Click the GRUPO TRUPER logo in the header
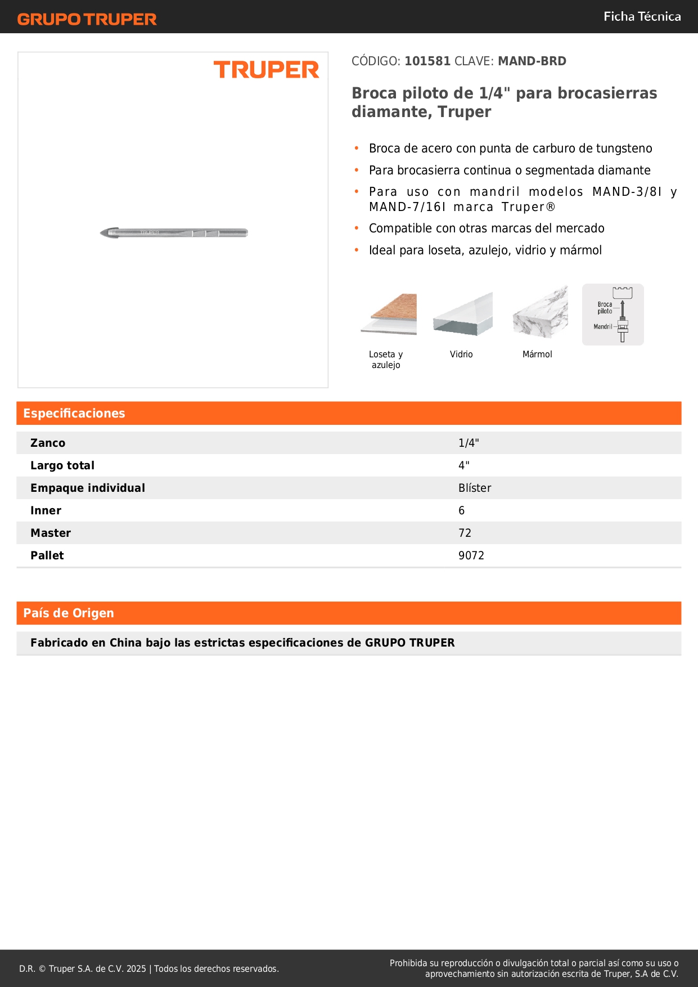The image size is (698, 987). [x=87, y=19]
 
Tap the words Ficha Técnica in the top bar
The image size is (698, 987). [x=642, y=17]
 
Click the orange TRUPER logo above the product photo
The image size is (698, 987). [x=266, y=70]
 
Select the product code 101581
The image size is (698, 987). [x=427, y=61]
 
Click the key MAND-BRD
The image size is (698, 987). [x=532, y=61]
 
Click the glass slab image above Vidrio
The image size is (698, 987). [x=463, y=314]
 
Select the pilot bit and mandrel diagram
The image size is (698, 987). [x=613, y=315]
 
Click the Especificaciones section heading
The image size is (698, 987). [x=74, y=414]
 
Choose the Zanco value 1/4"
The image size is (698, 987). [x=469, y=443]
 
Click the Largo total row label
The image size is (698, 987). [x=62, y=466]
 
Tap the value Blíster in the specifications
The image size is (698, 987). [x=475, y=488]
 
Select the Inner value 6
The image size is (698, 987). [x=462, y=511]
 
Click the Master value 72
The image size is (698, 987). [x=465, y=533]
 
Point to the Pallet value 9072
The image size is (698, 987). [x=471, y=556]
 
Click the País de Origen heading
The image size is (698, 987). [x=69, y=613]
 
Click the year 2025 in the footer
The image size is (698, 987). [x=136, y=969]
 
